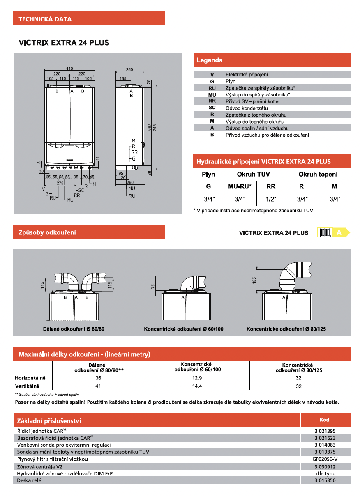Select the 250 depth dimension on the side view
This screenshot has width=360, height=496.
tap(129, 70)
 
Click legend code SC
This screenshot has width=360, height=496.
tap(212, 108)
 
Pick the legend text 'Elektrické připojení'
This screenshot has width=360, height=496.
tap(247, 75)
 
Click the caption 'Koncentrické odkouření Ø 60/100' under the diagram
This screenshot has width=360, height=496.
tap(184, 329)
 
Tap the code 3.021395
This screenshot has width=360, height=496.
tap(325, 431)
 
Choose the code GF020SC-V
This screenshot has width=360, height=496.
tap(325, 459)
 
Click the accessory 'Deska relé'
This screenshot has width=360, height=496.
tap(29, 480)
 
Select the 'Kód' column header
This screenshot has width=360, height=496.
tap(325, 420)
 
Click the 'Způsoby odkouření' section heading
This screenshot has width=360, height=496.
tap(47, 232)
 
